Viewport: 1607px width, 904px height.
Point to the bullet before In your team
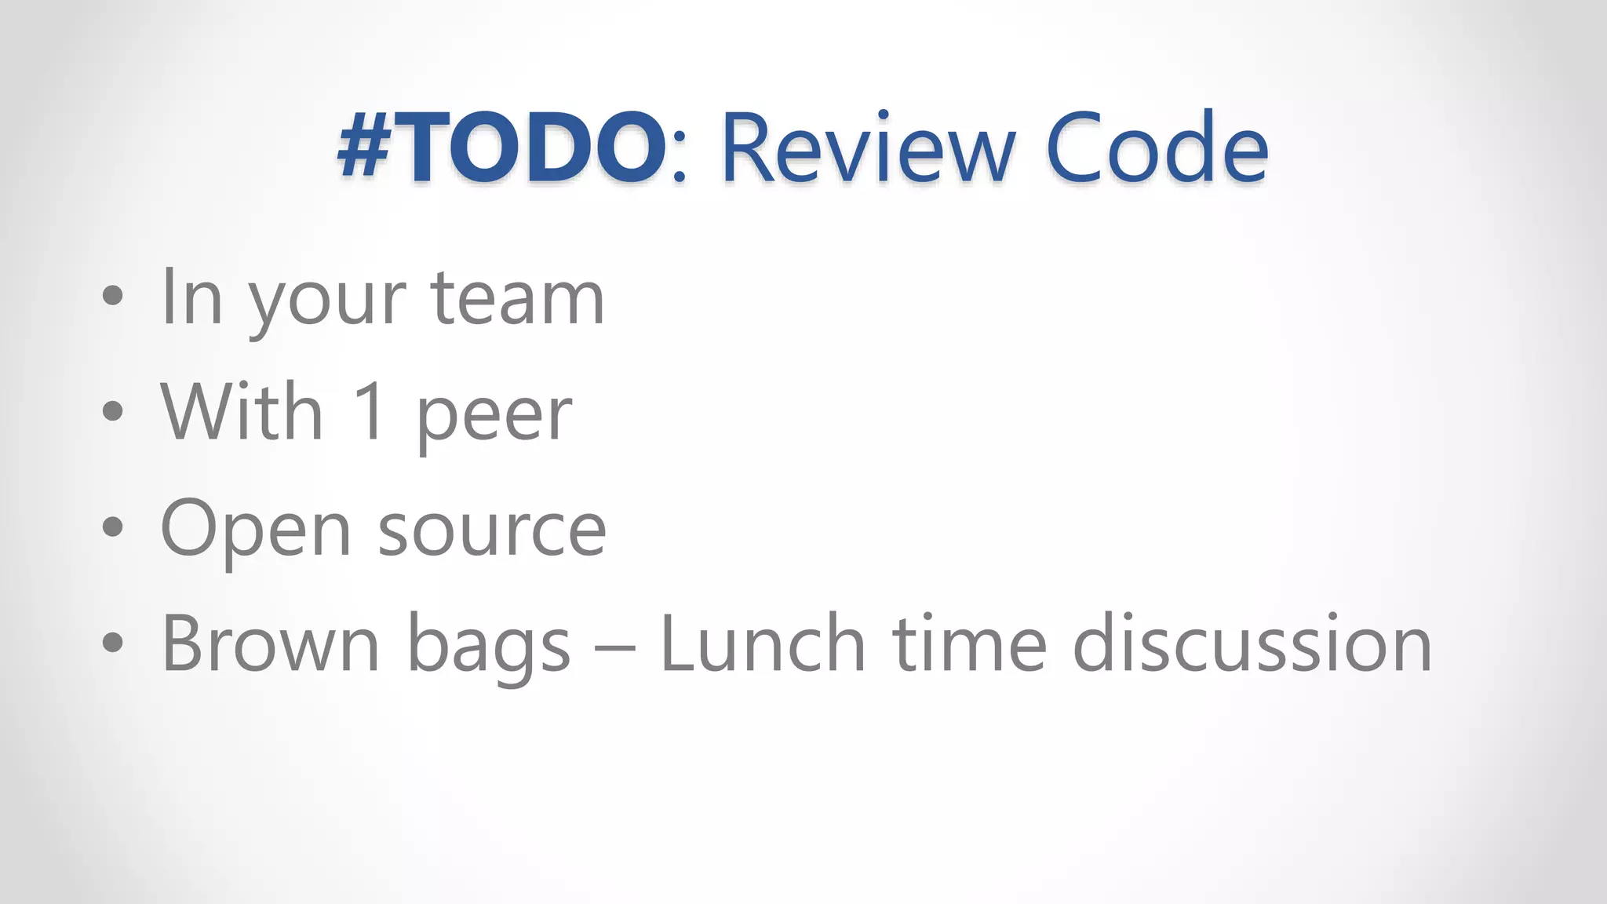(113, 296)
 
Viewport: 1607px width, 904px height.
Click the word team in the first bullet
(518, 298)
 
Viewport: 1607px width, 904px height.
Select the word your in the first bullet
(328, 302)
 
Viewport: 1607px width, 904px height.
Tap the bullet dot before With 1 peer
(113, 411)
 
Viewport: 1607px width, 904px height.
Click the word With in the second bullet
(242, 411)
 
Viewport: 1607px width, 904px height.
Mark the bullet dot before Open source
(113, 527)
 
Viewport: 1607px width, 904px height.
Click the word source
(492, 532)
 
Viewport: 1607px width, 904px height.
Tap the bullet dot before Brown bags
(113, 643)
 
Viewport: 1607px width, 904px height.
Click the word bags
(489, 647)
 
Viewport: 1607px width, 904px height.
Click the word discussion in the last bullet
(1252, 643)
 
